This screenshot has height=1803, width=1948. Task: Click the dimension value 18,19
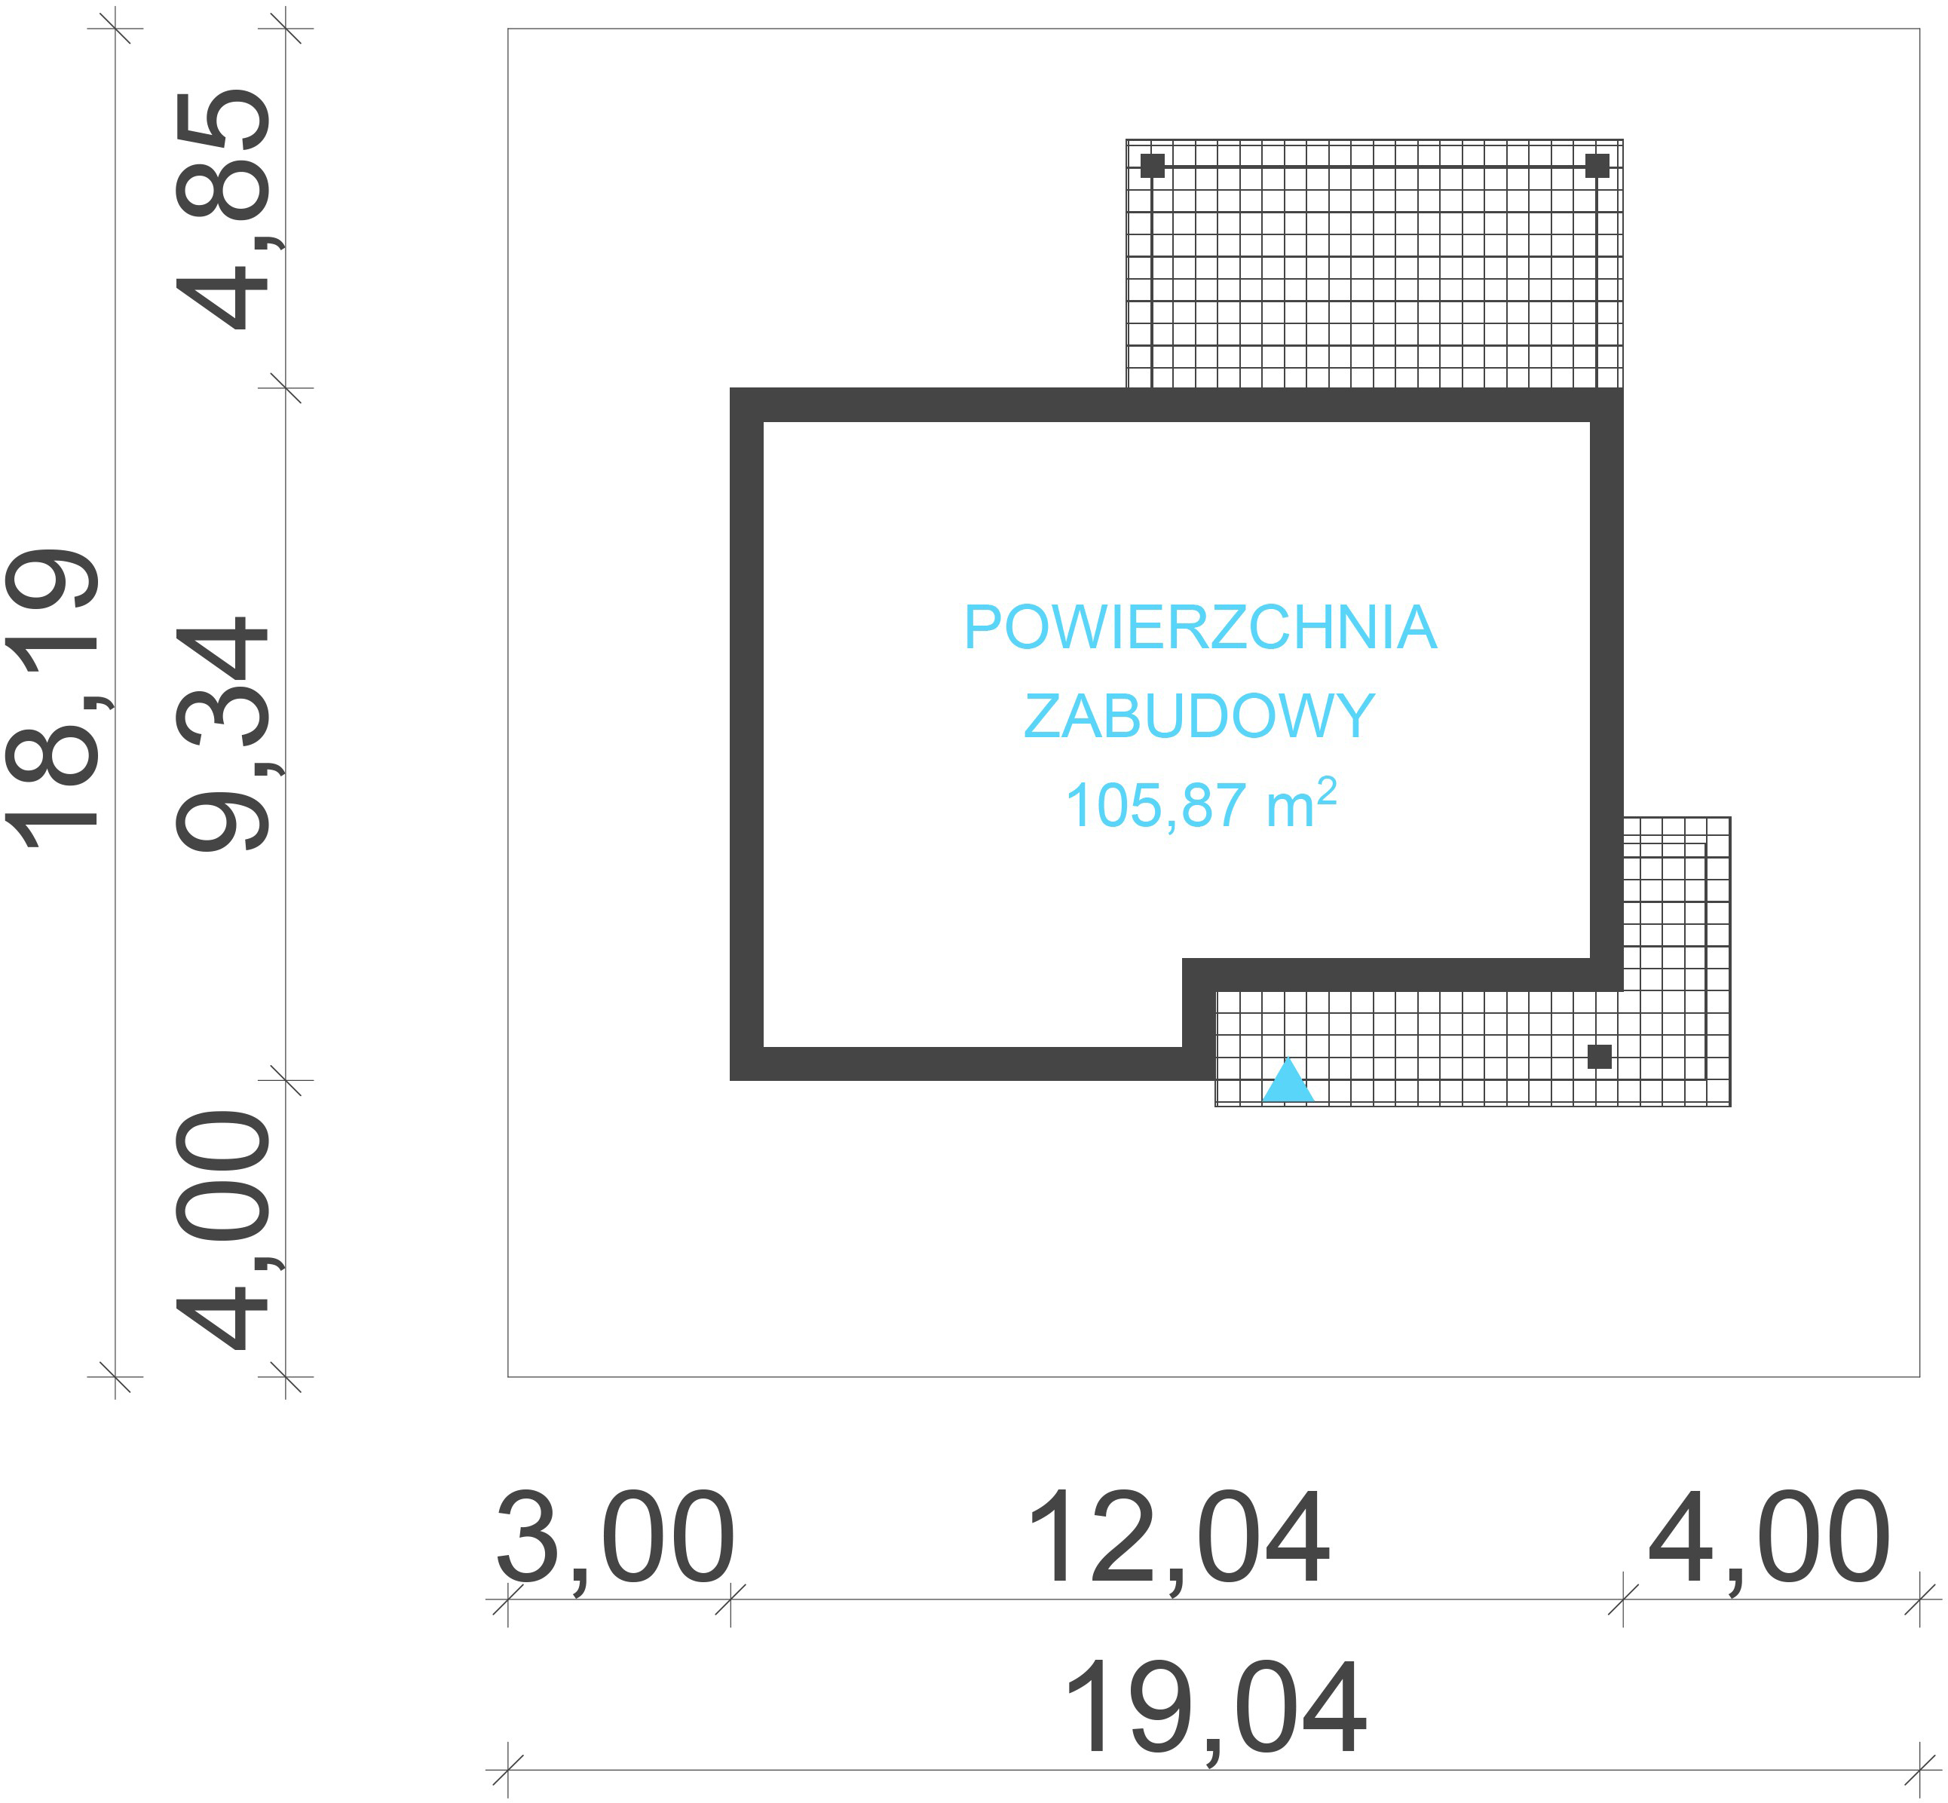tap(54, 699)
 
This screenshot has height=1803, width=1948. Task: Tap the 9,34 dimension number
tap(222, 733)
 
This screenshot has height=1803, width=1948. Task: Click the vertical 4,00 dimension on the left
tap(222, 1231)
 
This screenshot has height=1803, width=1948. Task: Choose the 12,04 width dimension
tap(1177, 1541)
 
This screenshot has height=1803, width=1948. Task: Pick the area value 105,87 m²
tap(1199, 806)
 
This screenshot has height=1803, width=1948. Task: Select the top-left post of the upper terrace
tap(1153, 166)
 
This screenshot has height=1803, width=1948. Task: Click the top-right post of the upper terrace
tap(1597, 166)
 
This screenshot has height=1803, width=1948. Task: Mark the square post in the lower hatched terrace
tap(1599, 1057)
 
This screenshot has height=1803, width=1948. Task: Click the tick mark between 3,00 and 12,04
tap(730, 1599)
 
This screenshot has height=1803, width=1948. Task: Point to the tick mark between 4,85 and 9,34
tap(285, 387)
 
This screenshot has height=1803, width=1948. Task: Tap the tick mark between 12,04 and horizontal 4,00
tap(1623, 1599)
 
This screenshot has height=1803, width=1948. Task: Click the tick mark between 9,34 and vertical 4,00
tap(285, 1080)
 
